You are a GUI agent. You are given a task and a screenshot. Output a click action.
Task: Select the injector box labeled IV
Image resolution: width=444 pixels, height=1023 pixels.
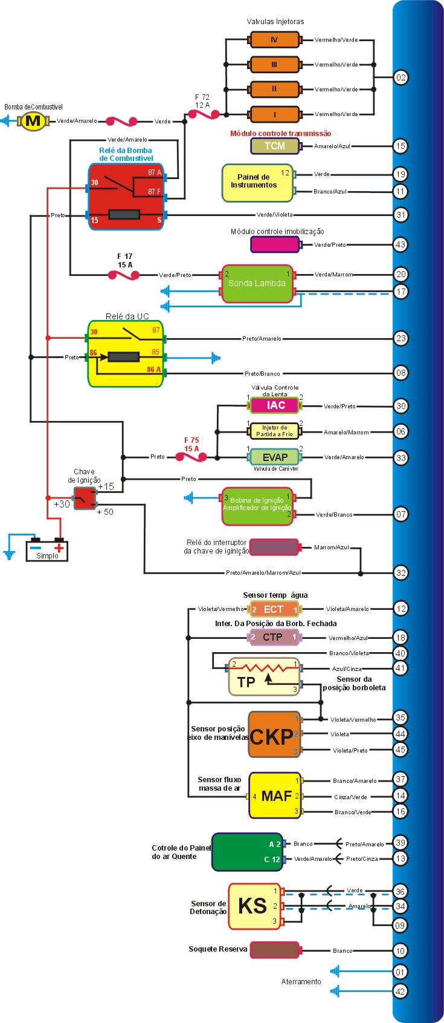click(274, 40)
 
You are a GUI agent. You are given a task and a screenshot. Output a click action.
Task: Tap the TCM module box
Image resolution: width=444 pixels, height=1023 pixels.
click(274, 146)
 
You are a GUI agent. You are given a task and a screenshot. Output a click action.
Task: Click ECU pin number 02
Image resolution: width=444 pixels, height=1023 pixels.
click(401, 77)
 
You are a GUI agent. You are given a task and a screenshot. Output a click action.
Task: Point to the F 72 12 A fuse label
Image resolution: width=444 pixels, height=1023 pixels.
click(202, 100)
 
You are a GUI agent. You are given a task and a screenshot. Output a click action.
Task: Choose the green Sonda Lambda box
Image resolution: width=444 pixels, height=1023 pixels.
click(257, 283)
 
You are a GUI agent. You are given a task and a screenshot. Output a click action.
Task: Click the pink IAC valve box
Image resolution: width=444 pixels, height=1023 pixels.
click(275, 405)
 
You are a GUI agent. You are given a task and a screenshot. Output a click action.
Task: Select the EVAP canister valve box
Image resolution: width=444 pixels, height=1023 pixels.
click(275, 457)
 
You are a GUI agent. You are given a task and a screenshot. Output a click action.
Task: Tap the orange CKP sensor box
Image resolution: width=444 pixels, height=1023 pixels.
click(274, 734)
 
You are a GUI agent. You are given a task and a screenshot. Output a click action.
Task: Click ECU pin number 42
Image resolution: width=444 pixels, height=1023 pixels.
click(401, 991)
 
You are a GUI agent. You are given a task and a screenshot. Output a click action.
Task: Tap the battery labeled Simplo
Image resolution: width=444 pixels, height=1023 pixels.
click(47, 550)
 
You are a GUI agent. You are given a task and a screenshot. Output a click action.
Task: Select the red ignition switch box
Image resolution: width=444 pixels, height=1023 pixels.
click(85, 498)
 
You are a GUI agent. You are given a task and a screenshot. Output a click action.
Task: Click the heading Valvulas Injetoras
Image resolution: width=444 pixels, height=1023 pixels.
click(275, 21)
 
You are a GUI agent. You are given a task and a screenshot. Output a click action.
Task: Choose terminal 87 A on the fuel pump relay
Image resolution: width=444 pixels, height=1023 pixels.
click(155, 172)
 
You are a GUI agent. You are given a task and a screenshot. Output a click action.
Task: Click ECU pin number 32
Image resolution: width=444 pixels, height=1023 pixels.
click(401, 572)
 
